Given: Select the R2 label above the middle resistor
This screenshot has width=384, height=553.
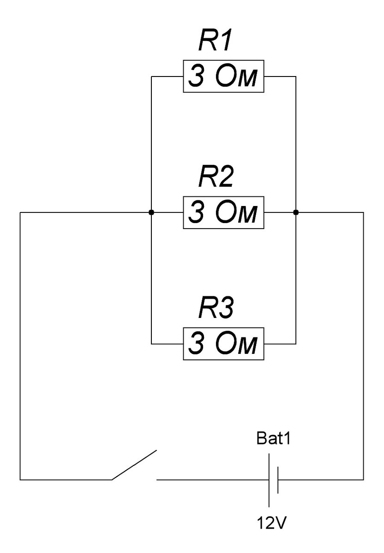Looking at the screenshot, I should (216, 179).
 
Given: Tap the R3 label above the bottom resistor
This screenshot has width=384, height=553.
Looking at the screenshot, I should (216, 310).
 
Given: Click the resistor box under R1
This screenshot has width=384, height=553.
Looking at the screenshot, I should (224, 76).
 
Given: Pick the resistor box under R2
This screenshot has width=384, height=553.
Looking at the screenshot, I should (224, 212).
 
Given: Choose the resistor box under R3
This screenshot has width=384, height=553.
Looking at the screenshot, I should (224, 344).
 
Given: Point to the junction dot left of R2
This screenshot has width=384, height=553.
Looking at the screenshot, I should (151, 212).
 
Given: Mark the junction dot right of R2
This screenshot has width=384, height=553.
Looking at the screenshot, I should (296, 212).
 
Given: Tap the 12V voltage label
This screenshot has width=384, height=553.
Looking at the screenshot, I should (273, 524).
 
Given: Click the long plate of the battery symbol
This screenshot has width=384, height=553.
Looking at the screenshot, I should (269, 480).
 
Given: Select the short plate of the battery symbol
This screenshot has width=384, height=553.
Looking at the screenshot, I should (278, 480).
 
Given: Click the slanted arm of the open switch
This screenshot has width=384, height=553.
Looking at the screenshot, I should (134, 465).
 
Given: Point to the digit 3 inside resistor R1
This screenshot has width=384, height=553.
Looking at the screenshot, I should (196, 76).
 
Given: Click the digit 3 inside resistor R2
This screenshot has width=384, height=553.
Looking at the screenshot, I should (196, 212).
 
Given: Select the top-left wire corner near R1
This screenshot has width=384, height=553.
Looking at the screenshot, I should (151, 76).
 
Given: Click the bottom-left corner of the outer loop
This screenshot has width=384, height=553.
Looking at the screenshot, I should (20, 480).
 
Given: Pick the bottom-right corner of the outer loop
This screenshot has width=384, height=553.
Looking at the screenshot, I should (364, 480).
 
